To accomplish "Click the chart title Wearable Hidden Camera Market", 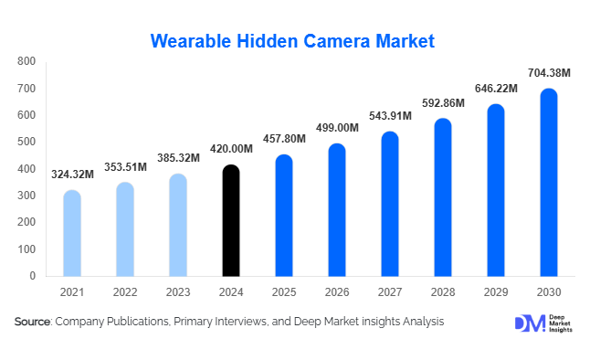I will (x=292, y=41).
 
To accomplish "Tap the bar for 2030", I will (x=548, y=182).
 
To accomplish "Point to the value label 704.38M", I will (x=548, y=73).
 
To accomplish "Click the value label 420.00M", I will (x=231, y=149).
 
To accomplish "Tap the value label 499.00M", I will (x=337, y=128).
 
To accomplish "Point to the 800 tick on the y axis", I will (x=26, y=62).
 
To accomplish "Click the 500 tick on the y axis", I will (x=26, y=142).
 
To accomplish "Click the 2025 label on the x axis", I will (x=284, y=291).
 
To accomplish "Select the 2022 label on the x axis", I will (x=125, y=291).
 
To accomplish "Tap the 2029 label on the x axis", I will (x=495, y=291).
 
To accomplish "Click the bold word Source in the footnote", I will (x=32, y=322).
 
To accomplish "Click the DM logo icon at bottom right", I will (x=529, y=323).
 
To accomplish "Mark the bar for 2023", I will (x=178, y=225).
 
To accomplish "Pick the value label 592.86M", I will (x=443, y=103).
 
